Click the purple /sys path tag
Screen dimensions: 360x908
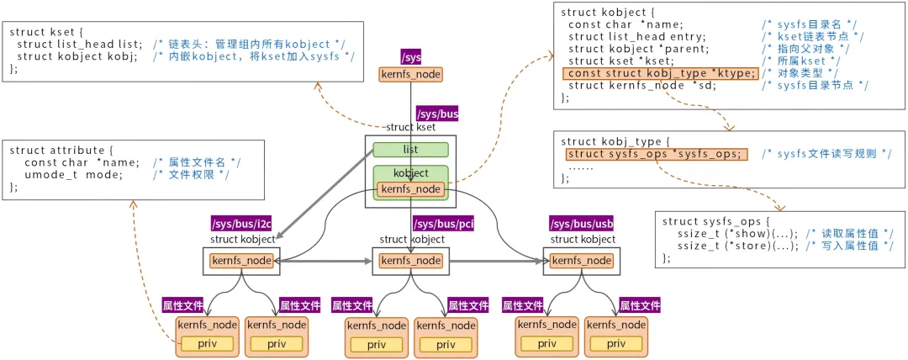(411, 57)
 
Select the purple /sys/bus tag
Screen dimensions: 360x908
(437, 114)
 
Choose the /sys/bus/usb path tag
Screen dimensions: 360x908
(581, 223)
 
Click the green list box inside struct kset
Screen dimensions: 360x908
(410, 150)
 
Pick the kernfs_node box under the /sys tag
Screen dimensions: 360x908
(410, 75)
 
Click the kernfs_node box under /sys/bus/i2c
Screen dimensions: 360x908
(242, 261)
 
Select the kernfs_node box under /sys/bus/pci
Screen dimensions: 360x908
(411, 261)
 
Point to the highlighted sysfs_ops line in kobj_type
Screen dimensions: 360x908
(655, 154)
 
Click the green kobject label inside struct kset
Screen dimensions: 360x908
(410, 172)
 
